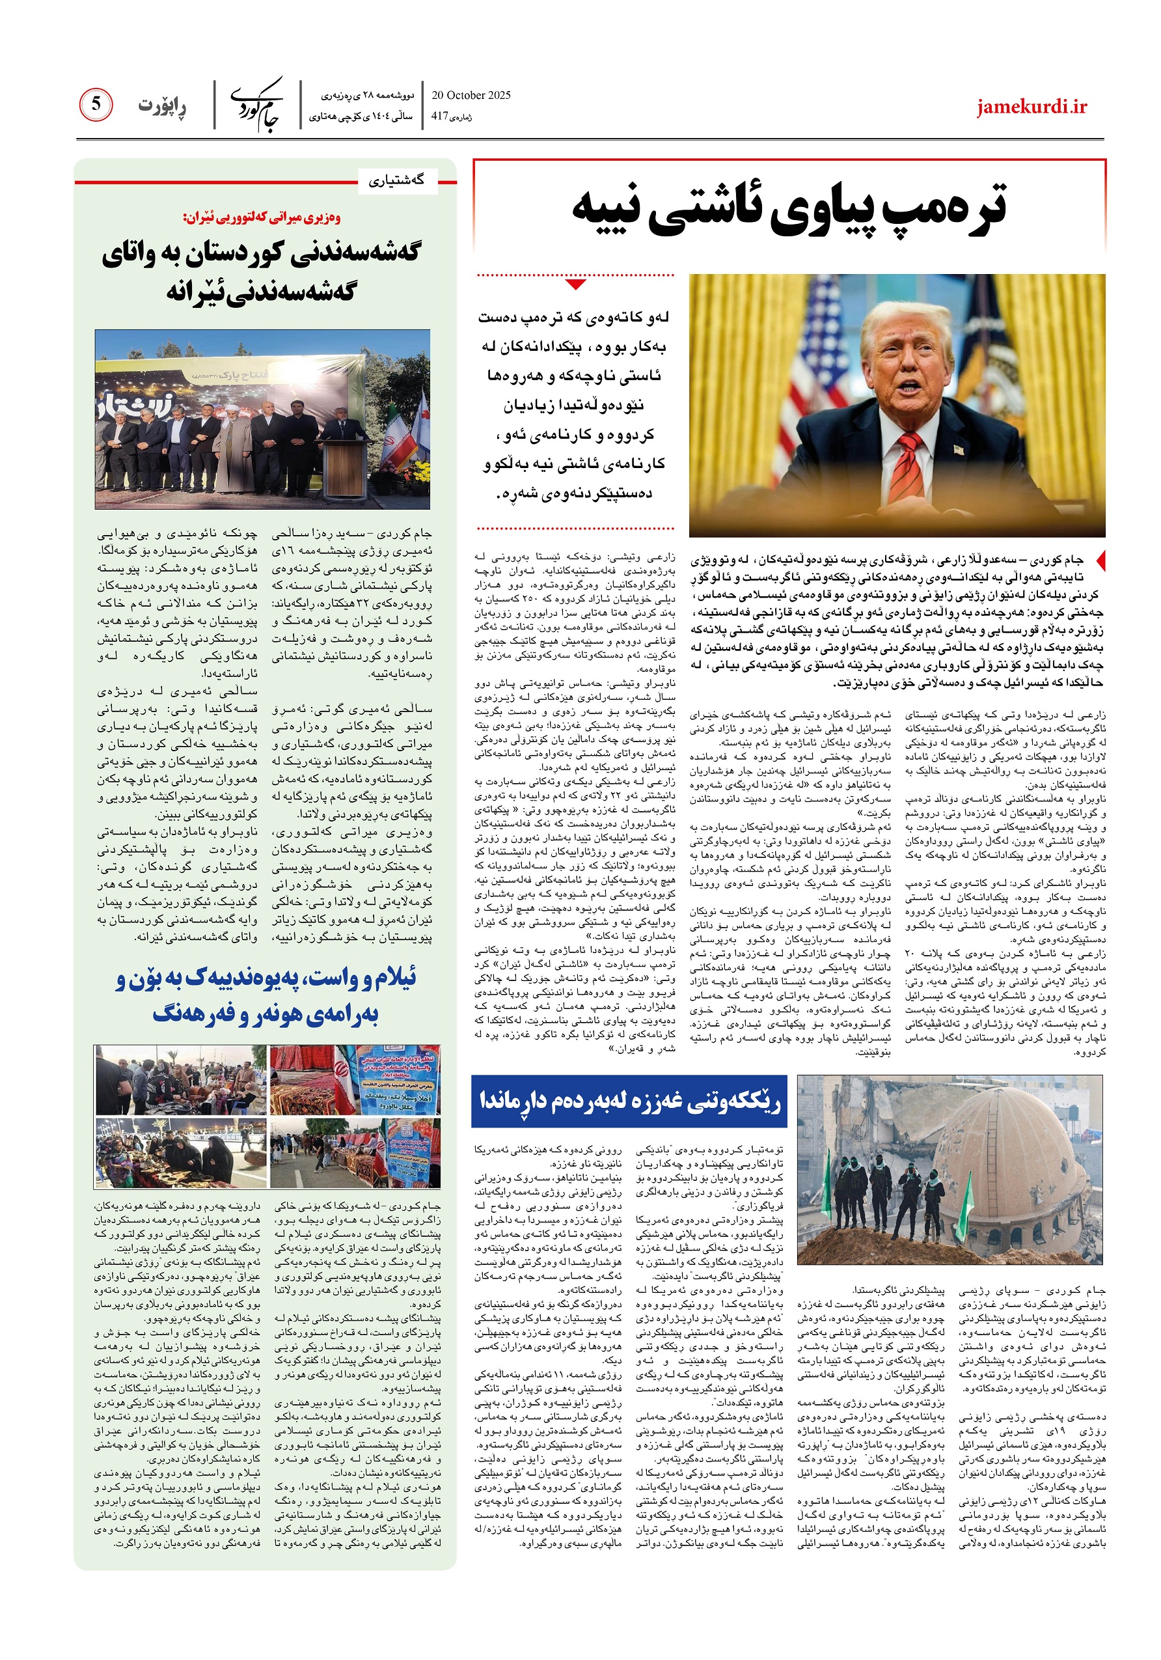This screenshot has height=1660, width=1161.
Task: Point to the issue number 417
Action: coord(439,116)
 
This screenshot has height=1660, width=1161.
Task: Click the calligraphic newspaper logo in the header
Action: coord(257,105)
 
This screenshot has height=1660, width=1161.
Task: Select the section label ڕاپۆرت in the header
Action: coord(162,106)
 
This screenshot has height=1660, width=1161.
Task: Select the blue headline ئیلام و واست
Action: coord(266,980)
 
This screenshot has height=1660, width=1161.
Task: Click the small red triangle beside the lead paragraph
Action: coord(1100,560)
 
